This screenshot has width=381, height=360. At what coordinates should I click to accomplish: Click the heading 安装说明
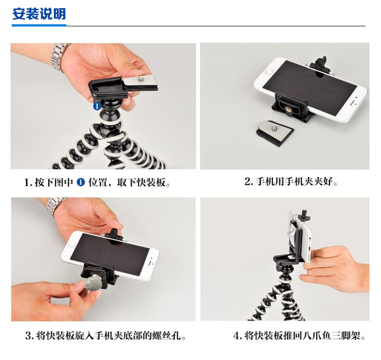point(39,14)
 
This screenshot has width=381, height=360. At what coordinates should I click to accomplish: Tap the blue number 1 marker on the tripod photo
point(97,106)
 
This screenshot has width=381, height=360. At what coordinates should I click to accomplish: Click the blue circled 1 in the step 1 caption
point(81,182)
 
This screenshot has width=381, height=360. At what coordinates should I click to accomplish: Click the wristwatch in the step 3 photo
point(55,207)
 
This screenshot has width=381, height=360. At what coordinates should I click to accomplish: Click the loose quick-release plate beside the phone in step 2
point(275,133)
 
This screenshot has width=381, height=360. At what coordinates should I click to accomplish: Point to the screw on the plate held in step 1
point(141,79)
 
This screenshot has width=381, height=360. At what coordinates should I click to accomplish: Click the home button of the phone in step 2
point(269,72)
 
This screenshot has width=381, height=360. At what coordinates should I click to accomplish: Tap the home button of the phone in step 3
point(71,244)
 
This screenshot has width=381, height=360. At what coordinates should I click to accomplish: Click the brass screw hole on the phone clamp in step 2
point(290,111)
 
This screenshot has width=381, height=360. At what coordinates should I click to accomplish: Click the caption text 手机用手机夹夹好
point(294,182)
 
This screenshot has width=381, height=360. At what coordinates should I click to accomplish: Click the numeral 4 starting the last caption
point(236,336)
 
